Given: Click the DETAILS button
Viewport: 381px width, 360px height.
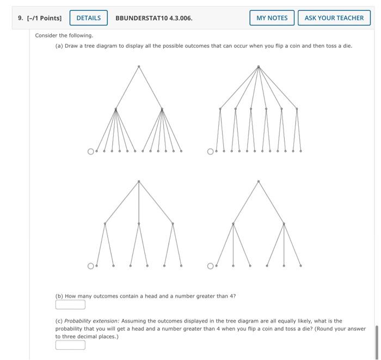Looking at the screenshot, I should coord(88,18).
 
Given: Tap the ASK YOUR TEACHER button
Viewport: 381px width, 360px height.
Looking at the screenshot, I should coord(334,18).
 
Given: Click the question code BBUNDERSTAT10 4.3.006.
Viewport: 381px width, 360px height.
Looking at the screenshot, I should coord(154,18).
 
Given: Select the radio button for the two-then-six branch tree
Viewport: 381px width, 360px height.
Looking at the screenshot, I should coord(91,151).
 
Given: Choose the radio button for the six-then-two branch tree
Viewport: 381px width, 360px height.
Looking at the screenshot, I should coord(210,151).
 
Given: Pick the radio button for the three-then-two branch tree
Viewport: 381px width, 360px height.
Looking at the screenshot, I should coord(91,266).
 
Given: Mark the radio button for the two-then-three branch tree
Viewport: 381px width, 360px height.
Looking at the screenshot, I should coord(210,266).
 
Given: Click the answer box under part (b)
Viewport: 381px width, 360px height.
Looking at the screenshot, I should coord(70,304).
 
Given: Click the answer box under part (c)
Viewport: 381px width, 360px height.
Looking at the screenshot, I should coord(70,344).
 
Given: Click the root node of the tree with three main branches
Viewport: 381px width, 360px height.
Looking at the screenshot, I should coord(139,181).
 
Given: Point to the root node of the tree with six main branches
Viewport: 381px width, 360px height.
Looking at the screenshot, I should coord(259,66).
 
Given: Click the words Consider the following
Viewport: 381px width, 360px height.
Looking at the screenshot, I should coord(64,35).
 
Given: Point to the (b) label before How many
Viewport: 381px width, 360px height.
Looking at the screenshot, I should coord(59,296).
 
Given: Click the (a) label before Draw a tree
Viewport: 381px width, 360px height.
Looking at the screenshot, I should coord(59,46).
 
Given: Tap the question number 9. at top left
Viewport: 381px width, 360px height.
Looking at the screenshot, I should coord(21,18).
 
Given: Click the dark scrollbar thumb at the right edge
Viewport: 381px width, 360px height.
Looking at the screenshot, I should coord(376,339).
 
